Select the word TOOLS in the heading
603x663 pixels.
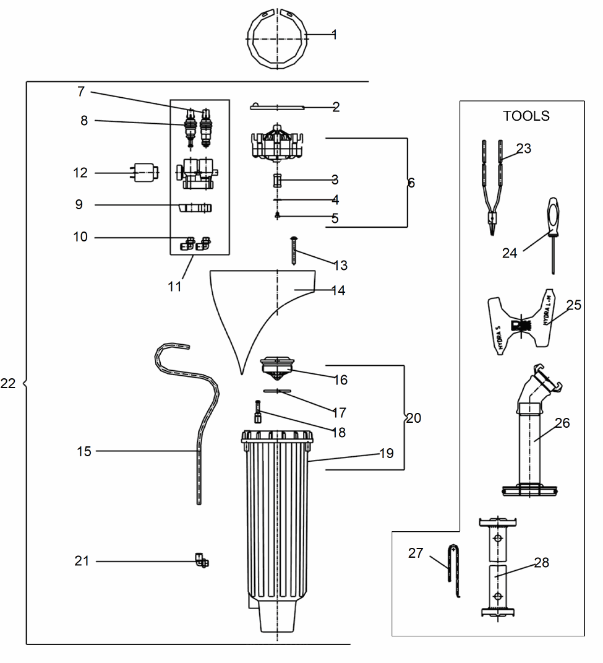pos(526,116)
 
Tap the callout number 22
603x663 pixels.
pos(8,384)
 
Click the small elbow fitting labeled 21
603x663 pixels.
pos(202,561)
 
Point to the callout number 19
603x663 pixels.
pos(386,454)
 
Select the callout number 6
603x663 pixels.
pos(411,183)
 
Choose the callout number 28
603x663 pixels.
pos(541,563)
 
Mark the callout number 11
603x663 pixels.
pos(175,287)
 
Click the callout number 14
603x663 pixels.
pos(338,291)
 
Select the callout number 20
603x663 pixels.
pos(413,418)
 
